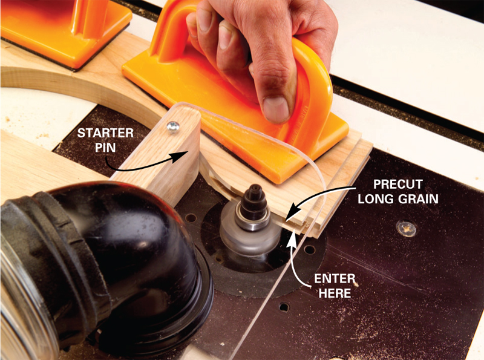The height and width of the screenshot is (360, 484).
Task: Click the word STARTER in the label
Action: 105,133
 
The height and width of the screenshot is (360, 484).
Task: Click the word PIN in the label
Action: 105,148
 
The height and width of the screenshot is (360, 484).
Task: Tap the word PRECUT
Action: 398,185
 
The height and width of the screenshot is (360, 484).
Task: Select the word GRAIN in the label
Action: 419,199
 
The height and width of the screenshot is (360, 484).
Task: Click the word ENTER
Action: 335,279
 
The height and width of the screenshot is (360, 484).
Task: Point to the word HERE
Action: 335,293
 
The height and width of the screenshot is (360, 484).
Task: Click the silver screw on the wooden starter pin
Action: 173,126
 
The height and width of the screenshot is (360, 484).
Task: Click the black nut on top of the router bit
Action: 253,198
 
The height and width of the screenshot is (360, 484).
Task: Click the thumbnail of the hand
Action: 276,110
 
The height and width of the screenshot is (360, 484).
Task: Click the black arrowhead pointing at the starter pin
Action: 180,156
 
